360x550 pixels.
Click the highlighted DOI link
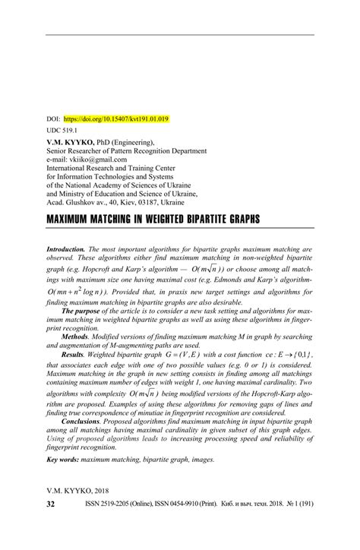point(116,119)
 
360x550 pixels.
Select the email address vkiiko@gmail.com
point(99,161)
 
